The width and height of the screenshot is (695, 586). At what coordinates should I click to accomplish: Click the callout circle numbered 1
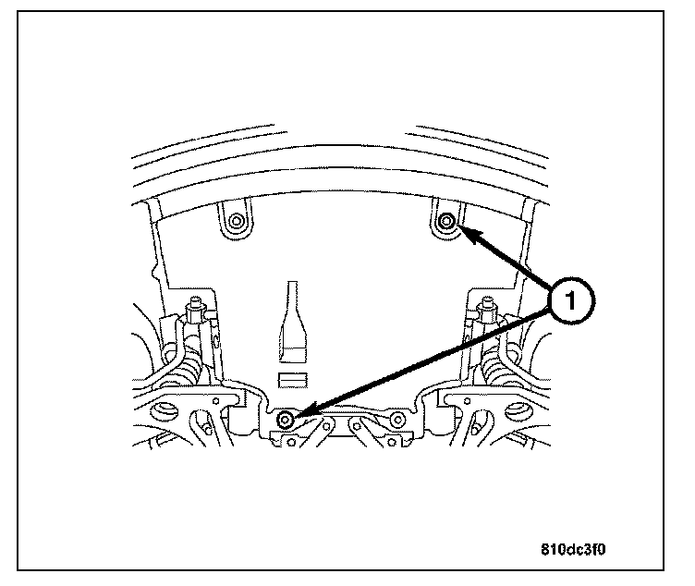point(569,301)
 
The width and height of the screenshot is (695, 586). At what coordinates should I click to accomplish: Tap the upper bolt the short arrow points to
point(446,221)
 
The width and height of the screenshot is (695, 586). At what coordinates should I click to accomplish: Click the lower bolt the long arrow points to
point(286,421)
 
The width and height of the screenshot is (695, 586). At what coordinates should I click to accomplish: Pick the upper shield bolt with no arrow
point(235,221)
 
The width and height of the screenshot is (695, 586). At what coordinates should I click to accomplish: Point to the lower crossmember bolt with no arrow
point(397,421)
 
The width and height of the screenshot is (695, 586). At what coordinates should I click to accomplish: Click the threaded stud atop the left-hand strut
point(196,304)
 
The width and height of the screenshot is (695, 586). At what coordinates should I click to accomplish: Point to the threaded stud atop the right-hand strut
point(483,304)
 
